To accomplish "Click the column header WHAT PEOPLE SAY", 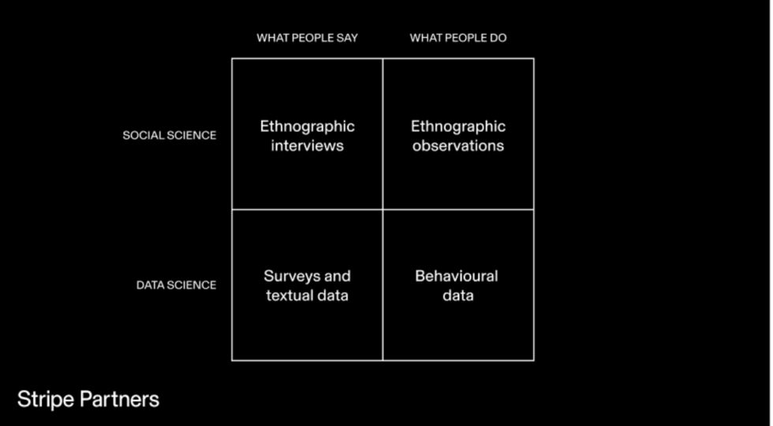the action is [x=307, y=38].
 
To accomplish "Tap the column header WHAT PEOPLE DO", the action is [x=458, y=38].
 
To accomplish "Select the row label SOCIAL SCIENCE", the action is [x=169, y=135].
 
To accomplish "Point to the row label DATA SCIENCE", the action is [x=176, y=285].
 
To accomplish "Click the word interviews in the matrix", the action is [x=307, y=146].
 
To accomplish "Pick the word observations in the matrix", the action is [x=458, y=146].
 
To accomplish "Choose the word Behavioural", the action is [x=457, y=276].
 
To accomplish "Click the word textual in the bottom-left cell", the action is [x=287, y=295].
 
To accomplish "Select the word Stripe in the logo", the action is [x=46, y=400].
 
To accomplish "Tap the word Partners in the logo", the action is [x=119, y=400].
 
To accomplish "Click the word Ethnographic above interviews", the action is [x=307, y=127].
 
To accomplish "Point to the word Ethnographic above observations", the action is [x=458, y=127].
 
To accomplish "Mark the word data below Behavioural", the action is [x=458, y=295].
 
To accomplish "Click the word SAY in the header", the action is [x=348, y=38].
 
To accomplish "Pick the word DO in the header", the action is [x=499, y=38].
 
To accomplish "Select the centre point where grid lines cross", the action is [x=383, y=210].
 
